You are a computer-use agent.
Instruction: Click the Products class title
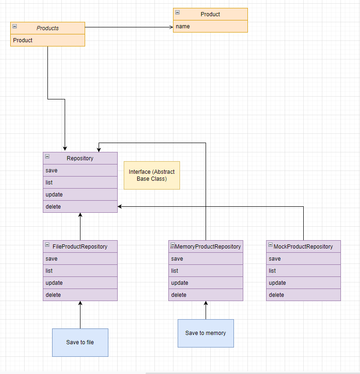[x=48, y=28]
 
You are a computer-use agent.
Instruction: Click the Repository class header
[x=80, y=158]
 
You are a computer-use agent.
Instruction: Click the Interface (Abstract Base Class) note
[x=152, y=175]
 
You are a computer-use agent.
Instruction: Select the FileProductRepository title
[x=80, y=247]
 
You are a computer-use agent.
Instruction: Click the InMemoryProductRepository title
[x=206, y=247]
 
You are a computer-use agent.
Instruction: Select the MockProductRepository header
[x=303, y=247]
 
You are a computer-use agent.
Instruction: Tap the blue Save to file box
[x=80, y=342]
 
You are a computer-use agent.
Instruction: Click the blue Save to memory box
[x=206, y=333]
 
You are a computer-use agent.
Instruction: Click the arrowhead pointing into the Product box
[x=171, y=27]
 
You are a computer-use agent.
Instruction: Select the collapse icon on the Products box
[x=15, y=26]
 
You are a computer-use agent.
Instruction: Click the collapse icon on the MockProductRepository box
[x=270, y=245]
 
